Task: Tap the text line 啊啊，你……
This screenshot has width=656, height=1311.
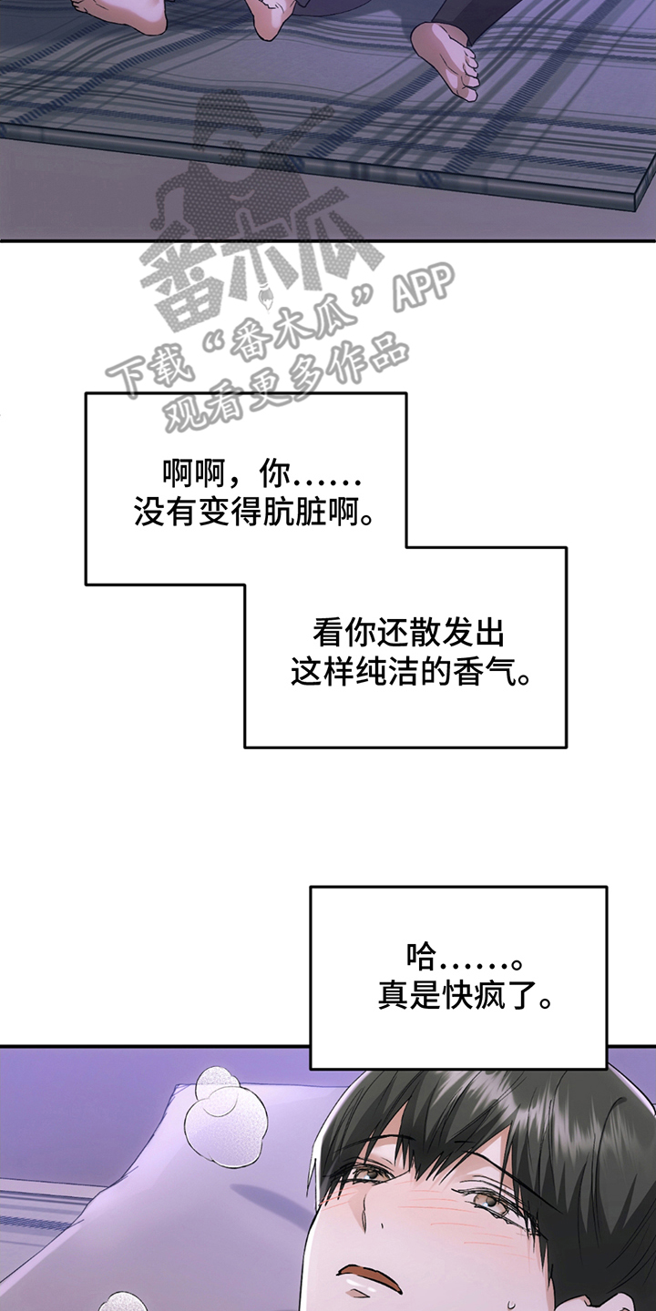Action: [261, 475]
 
